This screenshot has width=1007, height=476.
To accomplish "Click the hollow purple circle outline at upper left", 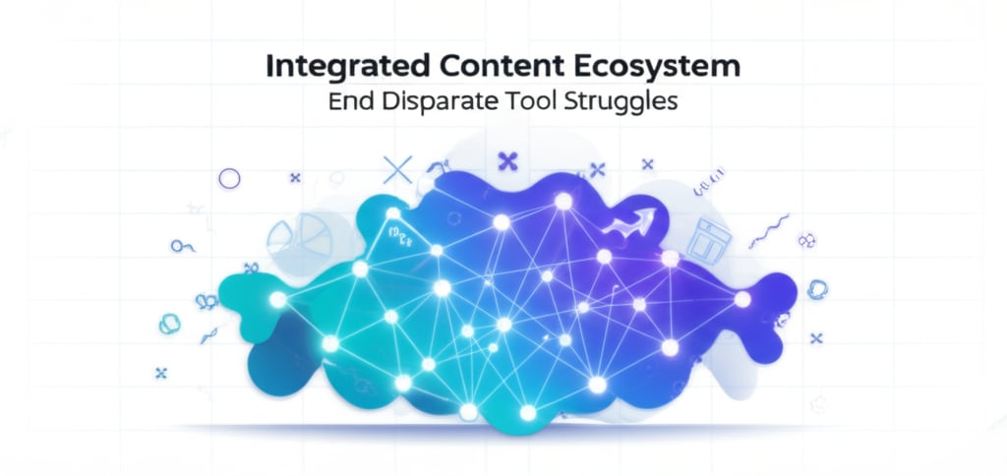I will pyautogui.click(x=229, y=179).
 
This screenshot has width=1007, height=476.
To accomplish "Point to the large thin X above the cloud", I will pyautogui.click(x=397, y=170).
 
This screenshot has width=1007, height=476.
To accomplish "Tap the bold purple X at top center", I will pyautogui.click(x=507, y=159).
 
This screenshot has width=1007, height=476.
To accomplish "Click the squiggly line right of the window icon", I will pyautogui.click(x=769, y=232).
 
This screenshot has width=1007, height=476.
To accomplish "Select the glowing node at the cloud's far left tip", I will pyautogui.click(x=278, y=298).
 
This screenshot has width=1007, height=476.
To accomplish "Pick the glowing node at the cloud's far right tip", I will pyautogui.click(x=742, y=298).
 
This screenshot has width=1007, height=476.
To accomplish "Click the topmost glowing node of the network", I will pyautogui.click(x=563, y=202).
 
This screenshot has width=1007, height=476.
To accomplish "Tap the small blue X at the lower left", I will pyautogui.click(x=161, y=373).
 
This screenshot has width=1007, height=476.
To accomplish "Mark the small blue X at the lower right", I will pyautogui.click(x=815, y=337).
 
